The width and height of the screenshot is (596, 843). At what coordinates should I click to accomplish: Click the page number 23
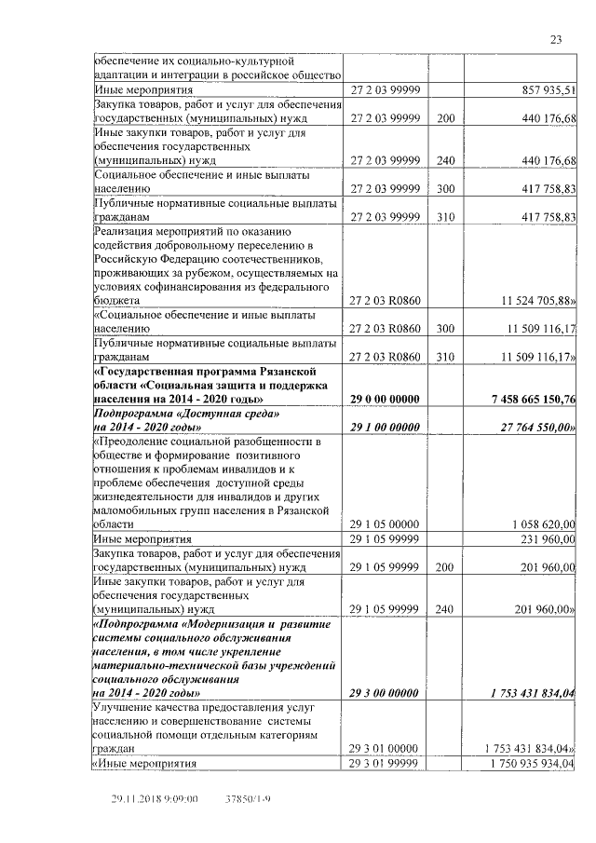(x=555, y=39)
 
